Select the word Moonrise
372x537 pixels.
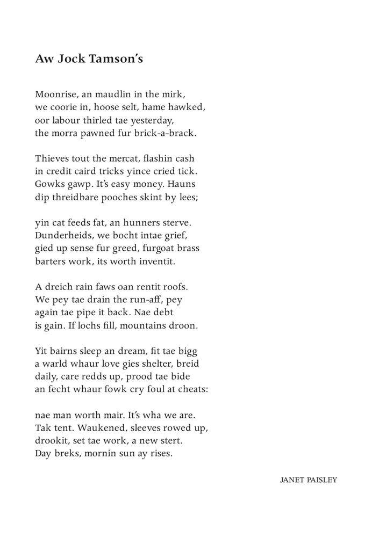(55, 94)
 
